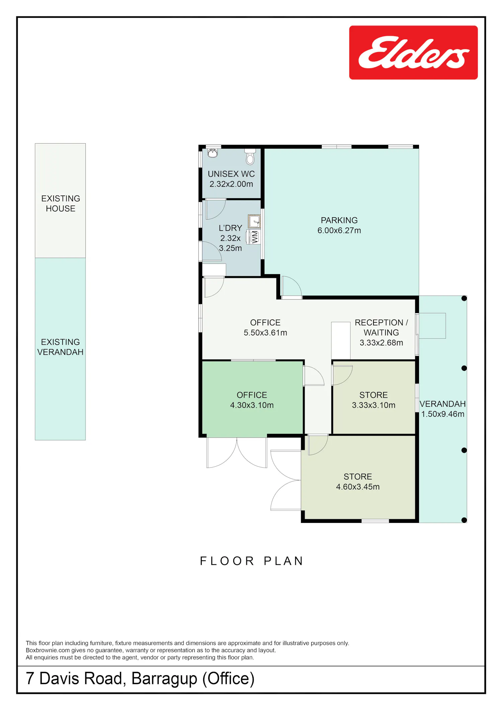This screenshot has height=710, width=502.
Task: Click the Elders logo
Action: pos(413,53)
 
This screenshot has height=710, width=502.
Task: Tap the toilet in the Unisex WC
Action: pos(250,157)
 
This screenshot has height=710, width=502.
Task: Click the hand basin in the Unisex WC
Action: pos(213,153)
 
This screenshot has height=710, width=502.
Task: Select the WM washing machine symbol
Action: pos(253,237)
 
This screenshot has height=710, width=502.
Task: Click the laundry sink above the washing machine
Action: pos(254,221)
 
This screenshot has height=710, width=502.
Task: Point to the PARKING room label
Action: pos(339,220)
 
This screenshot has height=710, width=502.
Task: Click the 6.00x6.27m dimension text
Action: pos(339,230)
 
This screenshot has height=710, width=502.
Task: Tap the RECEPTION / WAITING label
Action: pos(381,327)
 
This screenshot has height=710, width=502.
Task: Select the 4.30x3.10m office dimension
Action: pos(252,405)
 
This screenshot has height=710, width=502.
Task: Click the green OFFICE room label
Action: pos(252,395)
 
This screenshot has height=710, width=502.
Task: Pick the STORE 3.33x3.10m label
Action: pos(373,400)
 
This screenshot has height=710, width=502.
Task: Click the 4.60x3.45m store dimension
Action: pos(358,487)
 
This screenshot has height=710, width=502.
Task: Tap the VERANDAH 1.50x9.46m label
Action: pos(442,409)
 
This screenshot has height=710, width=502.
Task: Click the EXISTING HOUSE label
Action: pos(61,204)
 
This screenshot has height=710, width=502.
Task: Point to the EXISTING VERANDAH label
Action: pos(60,347)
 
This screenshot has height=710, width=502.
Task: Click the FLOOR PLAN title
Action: pos(251,561)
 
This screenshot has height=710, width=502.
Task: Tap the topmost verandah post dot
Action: pos(464,298)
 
